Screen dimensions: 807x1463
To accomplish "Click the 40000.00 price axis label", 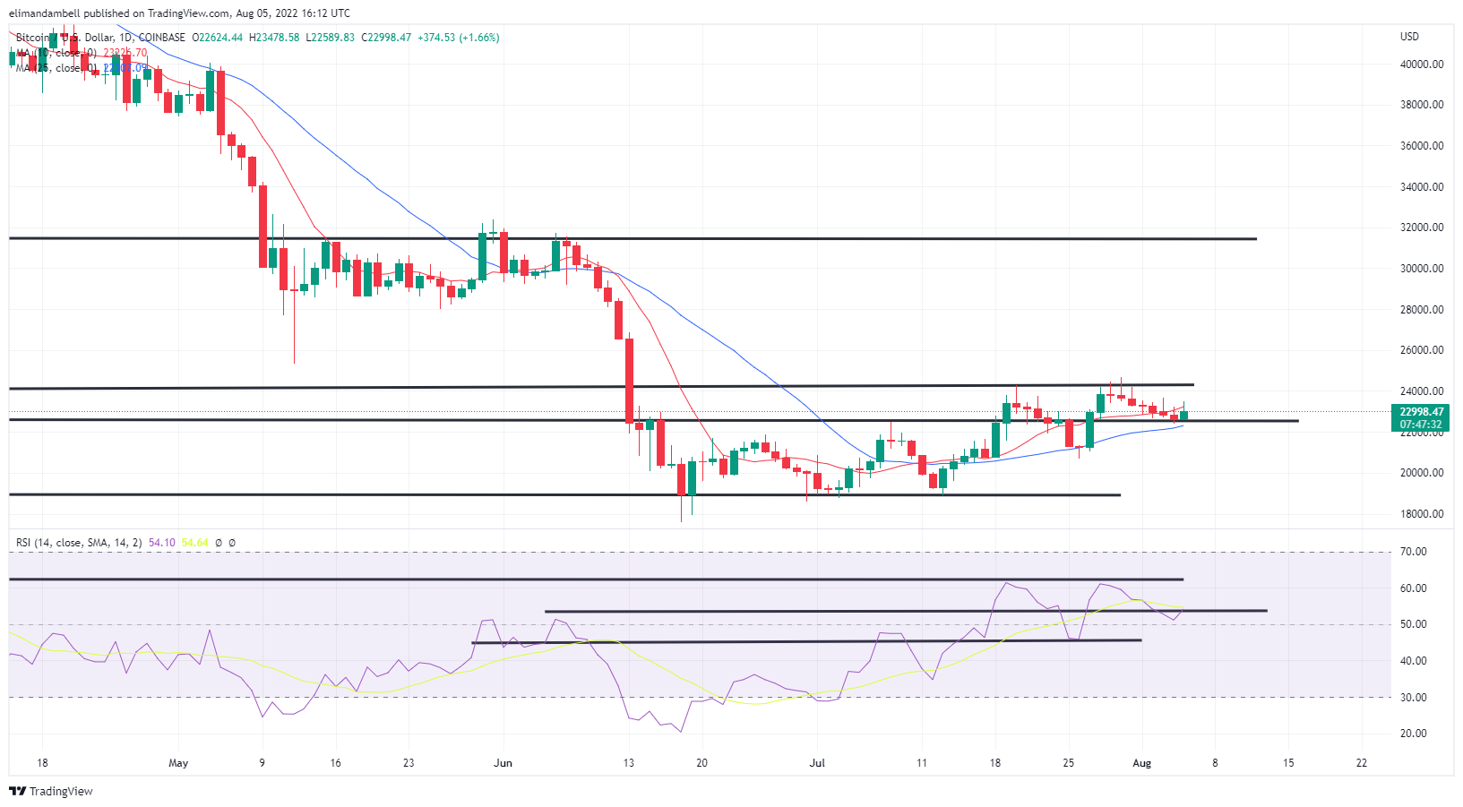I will [x=1422, y=64].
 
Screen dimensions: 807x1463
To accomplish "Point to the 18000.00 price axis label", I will [x=1422, y=514].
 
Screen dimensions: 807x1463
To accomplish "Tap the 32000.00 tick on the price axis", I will [x=1422, y=228].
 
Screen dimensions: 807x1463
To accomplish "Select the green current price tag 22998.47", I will [x=1422, y=412].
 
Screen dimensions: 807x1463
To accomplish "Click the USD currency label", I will [x=1409, y=37].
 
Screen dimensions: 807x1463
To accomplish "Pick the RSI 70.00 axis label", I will [x=1413, y=552].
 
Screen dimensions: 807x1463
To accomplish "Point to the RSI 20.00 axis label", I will [x=1413, y=734].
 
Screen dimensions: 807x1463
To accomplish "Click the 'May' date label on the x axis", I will [x=178, y=763].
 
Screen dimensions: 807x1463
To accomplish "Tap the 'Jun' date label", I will [x=503, y=763].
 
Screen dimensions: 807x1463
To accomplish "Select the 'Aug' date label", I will [x=1141, y=763].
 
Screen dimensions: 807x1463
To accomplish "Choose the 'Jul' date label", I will [x=817, y=763].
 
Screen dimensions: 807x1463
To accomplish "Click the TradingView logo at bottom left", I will [x=51, y=791].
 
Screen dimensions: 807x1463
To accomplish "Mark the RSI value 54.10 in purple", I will [x=161, y=543].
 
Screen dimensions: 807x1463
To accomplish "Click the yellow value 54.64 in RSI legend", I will [x=194, y=543].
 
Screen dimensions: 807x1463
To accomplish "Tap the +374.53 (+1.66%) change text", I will [x=458, y=38].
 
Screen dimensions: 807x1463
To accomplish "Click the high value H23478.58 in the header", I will [x=275, y=38].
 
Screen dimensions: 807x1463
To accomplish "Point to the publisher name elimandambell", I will [x=44, y=13].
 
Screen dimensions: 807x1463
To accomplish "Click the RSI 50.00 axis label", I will [x=1413, y=624].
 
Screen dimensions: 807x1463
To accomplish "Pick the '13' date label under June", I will [x=629, y=763].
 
